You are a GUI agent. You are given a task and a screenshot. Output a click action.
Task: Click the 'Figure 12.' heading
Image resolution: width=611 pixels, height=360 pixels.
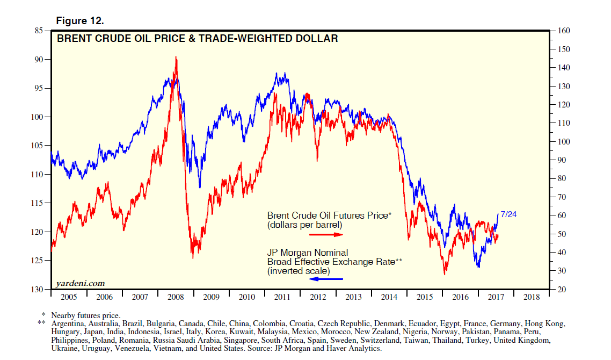coord(80,21)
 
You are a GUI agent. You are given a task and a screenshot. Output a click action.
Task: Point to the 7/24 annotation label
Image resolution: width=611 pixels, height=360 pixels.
coord(508,214)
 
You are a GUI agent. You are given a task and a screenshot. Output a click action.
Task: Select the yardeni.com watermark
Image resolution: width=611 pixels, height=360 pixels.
coord(79,283)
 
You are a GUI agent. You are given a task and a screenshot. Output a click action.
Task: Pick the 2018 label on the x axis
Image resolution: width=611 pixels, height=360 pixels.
coord(532,297)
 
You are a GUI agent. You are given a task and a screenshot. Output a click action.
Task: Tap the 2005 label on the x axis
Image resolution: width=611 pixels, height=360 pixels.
coord(68,297)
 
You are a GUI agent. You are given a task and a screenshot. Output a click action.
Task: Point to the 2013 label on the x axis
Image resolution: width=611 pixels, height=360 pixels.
coord(353,297)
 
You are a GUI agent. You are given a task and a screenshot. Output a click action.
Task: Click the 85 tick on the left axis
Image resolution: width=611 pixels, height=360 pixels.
coord(38,31)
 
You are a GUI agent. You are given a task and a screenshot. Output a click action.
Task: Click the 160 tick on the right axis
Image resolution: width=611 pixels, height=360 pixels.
coord(565,31)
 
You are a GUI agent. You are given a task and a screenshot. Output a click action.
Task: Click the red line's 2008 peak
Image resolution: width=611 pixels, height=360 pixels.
coord(176,57)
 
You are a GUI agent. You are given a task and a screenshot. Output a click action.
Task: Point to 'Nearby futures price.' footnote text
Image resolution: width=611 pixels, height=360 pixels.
coord(85,315)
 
